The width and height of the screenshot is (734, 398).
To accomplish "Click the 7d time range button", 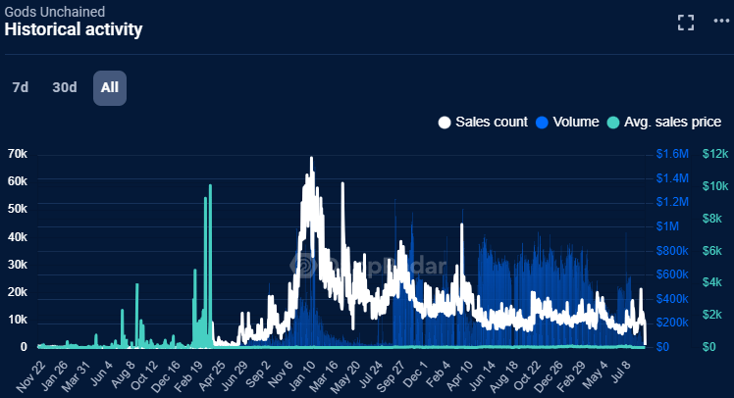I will [x=20, y=87].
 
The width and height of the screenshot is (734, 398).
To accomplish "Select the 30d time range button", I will [x=65, y=87].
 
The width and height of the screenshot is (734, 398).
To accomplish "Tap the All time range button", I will [x=110, y=87].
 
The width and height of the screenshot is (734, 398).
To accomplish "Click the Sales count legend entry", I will [x=483, y=123].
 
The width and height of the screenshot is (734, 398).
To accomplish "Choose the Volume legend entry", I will [x=567, y=123].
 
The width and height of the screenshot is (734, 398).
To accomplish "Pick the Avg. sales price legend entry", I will [x=664, y=123].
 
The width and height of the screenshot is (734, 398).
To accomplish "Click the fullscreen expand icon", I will [x=686, y=23].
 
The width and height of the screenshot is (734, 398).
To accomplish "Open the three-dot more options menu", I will [x=722, y=23].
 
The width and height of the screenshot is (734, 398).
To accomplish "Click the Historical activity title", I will [x=74, y=29].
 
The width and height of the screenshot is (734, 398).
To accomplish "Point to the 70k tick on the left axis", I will [x=17, y=154].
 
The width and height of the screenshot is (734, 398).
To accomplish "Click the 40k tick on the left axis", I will [x=17, y=237].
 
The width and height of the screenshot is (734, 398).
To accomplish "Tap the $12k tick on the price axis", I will [x=714, y=154].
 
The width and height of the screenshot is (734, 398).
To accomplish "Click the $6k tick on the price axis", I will [x=712, y=250].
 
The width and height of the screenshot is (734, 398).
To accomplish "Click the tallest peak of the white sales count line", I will [x=312, y=158].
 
